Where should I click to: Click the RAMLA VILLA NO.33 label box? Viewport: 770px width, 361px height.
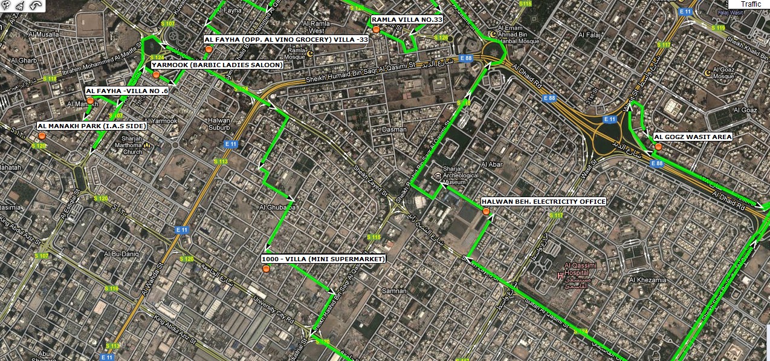[x=407, y=20]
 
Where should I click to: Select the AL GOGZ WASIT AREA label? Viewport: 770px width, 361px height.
[x=693, y=137]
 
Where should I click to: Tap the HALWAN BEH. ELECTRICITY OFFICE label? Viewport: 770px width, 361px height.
[x=543, y=202]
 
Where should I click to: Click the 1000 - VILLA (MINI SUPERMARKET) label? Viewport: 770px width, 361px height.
[x=323, y=259]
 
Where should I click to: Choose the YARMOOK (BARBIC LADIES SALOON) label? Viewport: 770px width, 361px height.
[x=217, y=65]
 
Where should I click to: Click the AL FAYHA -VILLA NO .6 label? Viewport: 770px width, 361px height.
[x=127, y=91]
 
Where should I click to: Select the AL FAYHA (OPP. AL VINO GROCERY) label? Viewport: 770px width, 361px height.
[x=286, y=39]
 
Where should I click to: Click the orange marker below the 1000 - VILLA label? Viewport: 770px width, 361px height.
[x=266, y=268]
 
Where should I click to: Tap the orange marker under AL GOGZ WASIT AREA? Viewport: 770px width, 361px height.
[x=658, y=147]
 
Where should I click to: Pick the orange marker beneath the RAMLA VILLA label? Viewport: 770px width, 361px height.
[x=376, y=29]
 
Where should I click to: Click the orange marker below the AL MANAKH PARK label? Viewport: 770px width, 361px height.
[x=42, y=136]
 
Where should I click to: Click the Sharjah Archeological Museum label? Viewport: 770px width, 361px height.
[x=461, y=176]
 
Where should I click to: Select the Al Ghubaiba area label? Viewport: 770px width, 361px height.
[x=277, y=207]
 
